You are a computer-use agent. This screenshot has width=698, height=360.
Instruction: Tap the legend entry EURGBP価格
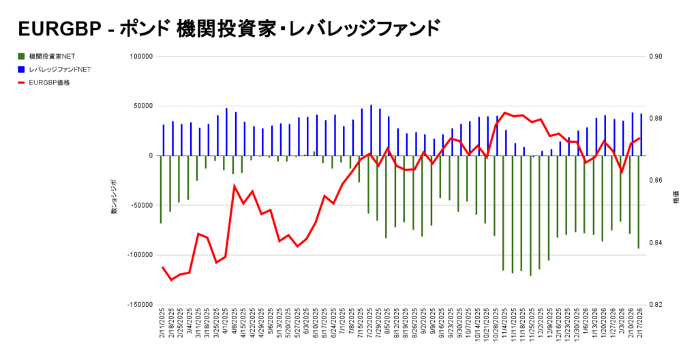click(49, 82)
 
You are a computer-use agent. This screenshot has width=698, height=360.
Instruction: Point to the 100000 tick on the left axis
click(140, 57)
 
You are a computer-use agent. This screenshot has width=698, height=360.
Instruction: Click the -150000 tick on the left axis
click(139, 304)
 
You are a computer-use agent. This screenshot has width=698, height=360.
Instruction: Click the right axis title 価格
click(676, 199)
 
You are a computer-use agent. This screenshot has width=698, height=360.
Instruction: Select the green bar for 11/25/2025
click(530, 215)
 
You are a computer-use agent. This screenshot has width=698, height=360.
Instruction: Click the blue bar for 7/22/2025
click(371, 130)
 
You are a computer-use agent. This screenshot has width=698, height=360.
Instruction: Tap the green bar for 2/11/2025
click(161, 189)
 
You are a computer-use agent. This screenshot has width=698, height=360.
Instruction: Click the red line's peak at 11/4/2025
click(504, 112)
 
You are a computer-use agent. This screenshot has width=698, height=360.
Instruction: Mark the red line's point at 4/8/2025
click(234, 185)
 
